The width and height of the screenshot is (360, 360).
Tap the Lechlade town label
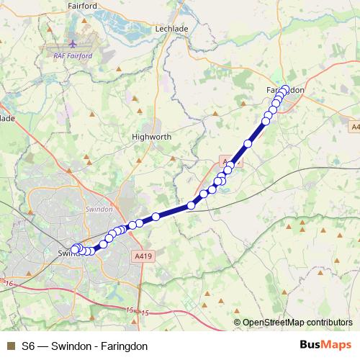click(x=171, y=29)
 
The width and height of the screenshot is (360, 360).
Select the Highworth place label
click(x=150, y=135)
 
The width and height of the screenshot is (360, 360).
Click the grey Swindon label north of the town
click(x=99, y=209)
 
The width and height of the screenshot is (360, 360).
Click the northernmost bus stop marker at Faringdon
click(x=285, y=89)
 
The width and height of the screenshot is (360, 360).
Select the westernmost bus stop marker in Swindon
click(x=74, y=249)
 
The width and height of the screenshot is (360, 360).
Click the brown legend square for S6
click(x=10, y=346)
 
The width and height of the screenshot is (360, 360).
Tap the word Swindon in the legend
click(x=70, y=346)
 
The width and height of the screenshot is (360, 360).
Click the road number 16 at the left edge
click(x=9, y=285)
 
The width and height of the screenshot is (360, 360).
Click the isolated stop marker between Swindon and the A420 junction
click(x=191, y=206)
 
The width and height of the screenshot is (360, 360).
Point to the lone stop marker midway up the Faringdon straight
click(x=248, y=144)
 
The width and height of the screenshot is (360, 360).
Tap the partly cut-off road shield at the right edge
click(x=356, y=127)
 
